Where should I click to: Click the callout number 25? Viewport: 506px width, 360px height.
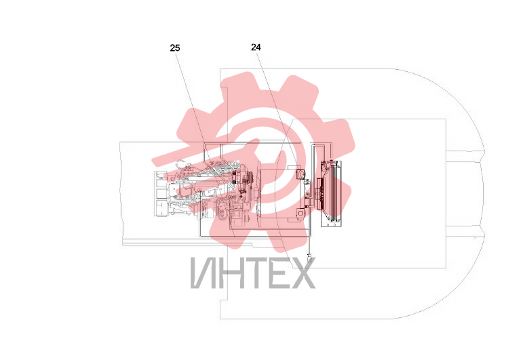pyautogui.click(x=175, y=48)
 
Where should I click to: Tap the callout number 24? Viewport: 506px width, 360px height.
pyautogui.click(x=256, y=47)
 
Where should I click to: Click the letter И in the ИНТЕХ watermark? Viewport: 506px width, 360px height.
pyautogui.click(x=203, y=273)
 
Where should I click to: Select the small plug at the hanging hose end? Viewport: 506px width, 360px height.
pyautogui.click(x=309, y=258)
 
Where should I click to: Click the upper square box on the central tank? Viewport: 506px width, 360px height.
pyautogui.click(x=300, y=174)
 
